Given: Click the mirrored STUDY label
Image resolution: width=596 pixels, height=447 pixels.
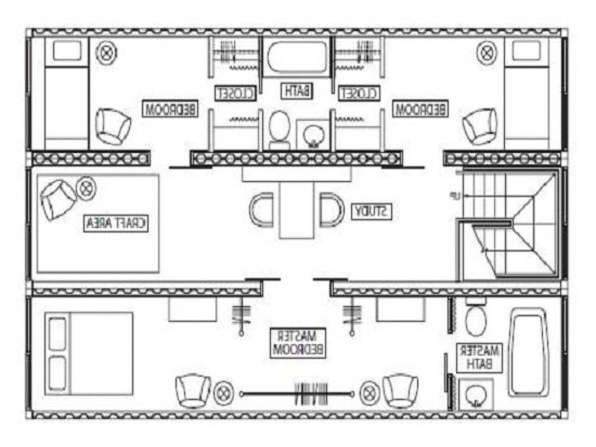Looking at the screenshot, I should tap(373, 212).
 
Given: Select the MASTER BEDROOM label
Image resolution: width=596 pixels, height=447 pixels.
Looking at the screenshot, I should tap(298, 342).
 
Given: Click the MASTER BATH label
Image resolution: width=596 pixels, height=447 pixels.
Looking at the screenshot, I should tap(480, 357).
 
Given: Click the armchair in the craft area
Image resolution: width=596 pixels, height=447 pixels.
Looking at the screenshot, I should tap(58, 198).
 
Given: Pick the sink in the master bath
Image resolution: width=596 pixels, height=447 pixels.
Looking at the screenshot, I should tap(475, 394).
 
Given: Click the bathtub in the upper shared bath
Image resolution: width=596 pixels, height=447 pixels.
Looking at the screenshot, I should tap(297, 58).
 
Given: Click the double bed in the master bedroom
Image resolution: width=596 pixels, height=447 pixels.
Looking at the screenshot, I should tap(89, 354).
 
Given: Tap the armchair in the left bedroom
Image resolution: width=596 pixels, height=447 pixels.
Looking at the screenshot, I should tap(113, 126).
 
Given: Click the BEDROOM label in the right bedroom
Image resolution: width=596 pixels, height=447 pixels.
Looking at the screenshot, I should tap(420, 109).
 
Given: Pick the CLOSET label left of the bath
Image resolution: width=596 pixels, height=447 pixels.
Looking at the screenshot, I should tap(236, 92).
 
